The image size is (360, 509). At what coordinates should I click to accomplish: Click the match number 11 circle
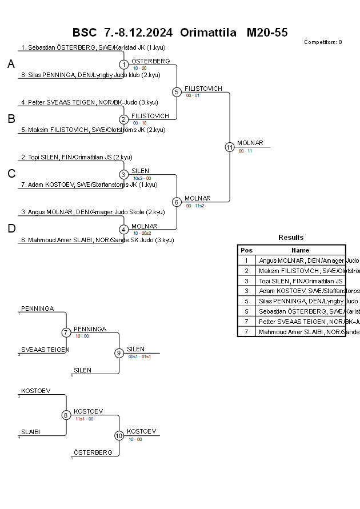(230, 147)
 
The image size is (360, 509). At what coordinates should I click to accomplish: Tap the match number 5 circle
(177, 92)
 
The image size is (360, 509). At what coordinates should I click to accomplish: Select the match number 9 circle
(119, 353)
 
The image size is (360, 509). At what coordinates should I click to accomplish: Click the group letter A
(11, 65)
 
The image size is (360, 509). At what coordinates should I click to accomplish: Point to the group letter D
(11, 229)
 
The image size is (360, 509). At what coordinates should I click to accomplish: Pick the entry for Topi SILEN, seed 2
(77, 157)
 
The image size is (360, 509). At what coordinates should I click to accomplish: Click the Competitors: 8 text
(323, 42)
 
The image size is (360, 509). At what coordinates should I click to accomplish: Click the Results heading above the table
(291, 238)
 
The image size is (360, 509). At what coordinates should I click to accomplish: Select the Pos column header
(246, 250)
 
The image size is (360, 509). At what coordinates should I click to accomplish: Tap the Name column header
(300, 250)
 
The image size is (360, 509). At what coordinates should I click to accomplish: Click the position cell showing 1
(246, 260)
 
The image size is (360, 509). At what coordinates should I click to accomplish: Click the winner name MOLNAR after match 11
(250, 143)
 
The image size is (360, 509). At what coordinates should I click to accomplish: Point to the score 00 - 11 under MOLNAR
(246, 151)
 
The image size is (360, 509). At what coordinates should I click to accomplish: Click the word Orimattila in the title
(208, 33)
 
